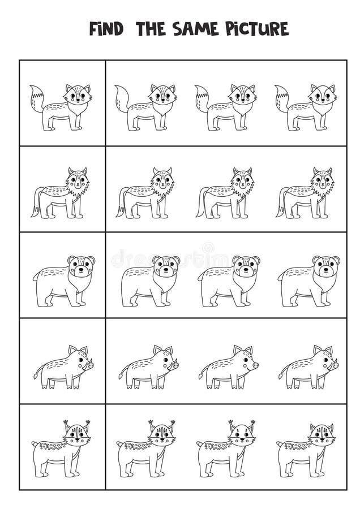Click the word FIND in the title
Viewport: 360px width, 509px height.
pos(106,29)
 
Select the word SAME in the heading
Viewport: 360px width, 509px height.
pos(195,29)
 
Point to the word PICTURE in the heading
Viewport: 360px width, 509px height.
pos(257,29)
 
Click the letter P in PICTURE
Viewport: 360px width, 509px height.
pos(231,29)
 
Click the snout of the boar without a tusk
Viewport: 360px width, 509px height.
pos(254,365)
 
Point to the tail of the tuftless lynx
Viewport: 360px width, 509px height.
pos(280,444)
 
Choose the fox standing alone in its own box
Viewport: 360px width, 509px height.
pos(61,107)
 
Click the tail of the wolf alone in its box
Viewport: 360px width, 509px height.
pos(38,201)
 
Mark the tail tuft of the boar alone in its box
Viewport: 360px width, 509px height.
pos(36,376)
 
